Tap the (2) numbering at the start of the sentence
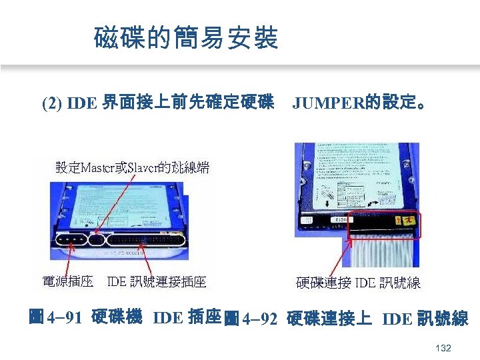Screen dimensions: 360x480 (51, 104)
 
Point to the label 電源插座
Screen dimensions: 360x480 (67, 283)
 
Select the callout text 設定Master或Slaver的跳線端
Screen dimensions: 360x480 (132, 168)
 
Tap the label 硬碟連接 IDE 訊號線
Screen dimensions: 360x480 (358, 283)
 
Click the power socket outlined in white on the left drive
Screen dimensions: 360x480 (71, 240)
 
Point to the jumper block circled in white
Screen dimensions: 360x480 (97, 240)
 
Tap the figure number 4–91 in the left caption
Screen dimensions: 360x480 (64, 318)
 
